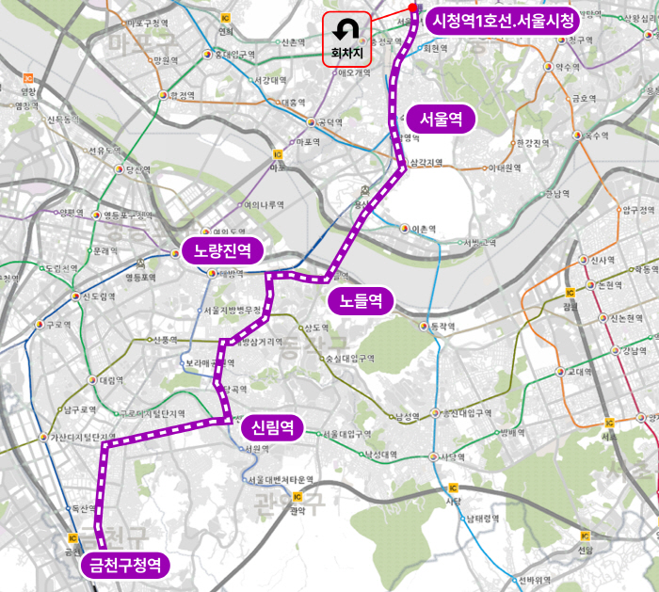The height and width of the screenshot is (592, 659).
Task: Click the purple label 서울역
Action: point(442,120)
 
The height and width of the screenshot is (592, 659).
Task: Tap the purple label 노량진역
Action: point(222,250)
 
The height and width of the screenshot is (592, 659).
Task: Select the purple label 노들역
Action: point(361,301)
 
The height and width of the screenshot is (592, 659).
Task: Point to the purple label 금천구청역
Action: point(125,566)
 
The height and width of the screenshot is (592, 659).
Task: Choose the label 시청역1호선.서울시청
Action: point(502,21)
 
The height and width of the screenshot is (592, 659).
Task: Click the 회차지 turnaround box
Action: point(347,40)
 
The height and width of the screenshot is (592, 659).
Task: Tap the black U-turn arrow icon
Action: point(347,29)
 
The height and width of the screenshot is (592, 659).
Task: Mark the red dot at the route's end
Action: point(413,8)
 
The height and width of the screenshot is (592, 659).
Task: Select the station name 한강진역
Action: point(532,143)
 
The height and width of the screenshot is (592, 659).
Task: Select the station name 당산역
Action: point(137,170)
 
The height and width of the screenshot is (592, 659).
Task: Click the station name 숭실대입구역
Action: point(349,359)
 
